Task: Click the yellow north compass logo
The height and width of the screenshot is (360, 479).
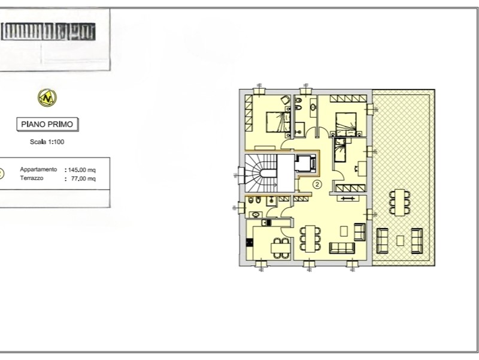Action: click(x=47, y=97)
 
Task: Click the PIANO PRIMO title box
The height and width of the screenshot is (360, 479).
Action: click(x=47, y=124)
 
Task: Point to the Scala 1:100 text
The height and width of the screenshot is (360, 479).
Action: click(x=47, y=142)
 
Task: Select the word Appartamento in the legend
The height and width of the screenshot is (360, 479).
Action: click(x=38, y=170)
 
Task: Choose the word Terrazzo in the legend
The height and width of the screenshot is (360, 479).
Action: click(x=31, y=178)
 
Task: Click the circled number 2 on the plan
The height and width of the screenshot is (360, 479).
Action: click(x=317, y=185)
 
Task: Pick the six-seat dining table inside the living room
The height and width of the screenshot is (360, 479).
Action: click(x=308, y=238)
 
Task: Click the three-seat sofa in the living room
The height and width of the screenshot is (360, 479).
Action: click(x=342, y=248)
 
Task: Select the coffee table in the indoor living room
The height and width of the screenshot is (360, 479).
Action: click(x=344, y=230)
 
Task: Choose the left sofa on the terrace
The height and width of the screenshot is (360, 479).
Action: click(x=382, y=241)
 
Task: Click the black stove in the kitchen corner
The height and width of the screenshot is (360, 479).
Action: click(x=250, y=244)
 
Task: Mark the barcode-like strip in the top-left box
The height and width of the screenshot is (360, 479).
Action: click(x=48, y=31)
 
